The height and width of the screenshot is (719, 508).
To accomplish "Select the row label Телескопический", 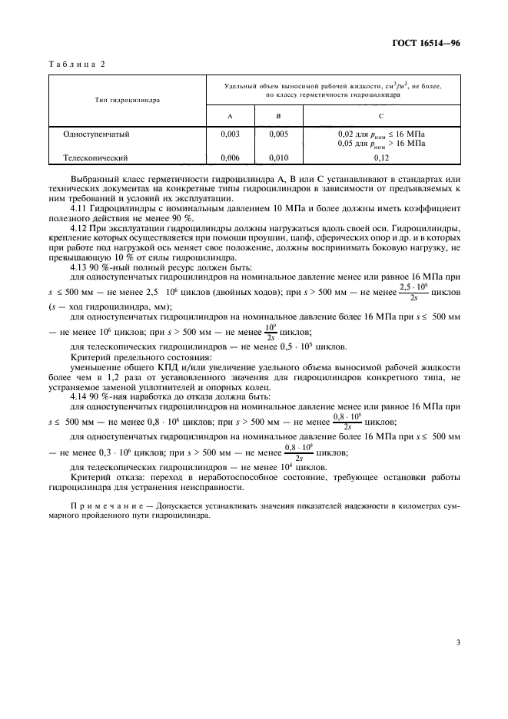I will coord(95,157).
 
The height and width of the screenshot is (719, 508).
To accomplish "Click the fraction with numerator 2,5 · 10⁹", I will coord(414,292).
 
